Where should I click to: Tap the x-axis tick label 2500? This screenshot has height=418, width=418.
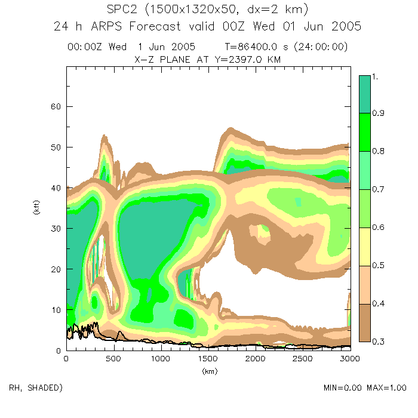[302, 359]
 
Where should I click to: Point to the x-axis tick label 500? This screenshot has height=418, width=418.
[113, 359]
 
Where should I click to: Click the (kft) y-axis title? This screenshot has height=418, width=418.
[35, 208]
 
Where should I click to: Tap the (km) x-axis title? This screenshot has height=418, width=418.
[209, 371]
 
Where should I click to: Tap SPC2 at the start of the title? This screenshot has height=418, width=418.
[121, 10]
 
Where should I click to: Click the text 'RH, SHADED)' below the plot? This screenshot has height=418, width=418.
[36, 388]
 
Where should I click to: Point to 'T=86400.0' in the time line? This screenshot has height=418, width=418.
[249, 47]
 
